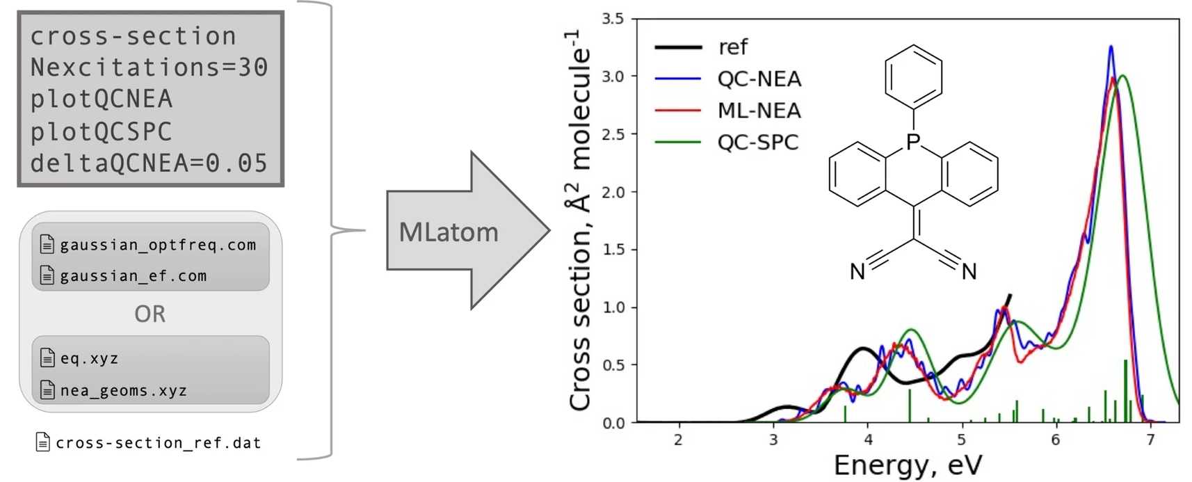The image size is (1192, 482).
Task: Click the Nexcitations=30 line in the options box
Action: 149,67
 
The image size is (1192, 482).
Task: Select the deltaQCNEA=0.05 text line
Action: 149,163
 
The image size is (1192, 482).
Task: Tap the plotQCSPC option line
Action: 101,131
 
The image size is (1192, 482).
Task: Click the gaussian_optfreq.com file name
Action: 158,245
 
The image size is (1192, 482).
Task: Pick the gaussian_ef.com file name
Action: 134,276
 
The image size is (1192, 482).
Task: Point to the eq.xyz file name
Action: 89,359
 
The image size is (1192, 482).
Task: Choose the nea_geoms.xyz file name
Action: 124,391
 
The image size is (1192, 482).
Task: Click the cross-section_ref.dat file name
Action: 159,443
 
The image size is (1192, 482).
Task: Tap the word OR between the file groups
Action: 150,314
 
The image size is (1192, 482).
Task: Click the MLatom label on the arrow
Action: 449,232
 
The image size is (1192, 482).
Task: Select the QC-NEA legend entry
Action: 759,79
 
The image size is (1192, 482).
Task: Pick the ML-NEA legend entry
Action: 759,111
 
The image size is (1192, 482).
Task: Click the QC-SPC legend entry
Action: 758,143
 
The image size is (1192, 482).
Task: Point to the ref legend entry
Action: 733,47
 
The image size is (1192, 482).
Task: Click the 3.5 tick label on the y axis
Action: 613,19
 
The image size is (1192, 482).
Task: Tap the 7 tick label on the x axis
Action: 1150,440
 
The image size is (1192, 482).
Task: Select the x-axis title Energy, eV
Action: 908,465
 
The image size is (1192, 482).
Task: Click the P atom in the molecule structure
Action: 913,142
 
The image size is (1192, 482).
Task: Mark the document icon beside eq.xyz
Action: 47,358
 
